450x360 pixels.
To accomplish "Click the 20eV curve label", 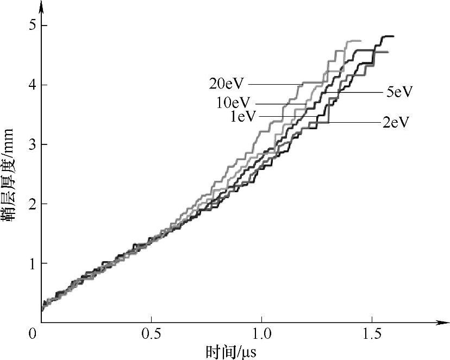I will click(227, 84).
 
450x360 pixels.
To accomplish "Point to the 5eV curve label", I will click(399, 92).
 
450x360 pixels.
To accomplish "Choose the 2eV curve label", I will click(395, 122).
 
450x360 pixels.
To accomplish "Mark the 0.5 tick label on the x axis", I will click(151, 331).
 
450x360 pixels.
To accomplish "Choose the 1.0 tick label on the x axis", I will click(261, 331).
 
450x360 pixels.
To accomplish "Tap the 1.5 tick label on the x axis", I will click(372, 331).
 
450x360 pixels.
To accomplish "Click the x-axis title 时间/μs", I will click(230, 351).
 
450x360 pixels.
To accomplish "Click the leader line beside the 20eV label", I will click(274, 84).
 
